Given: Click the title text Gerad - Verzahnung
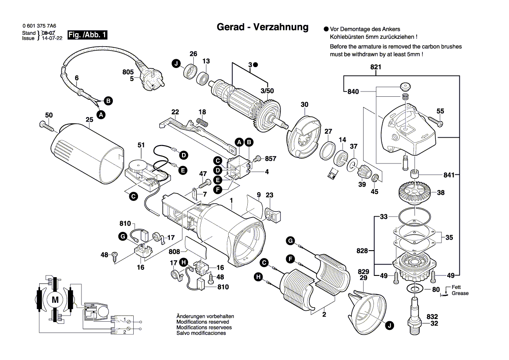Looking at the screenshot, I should tap(263, 27).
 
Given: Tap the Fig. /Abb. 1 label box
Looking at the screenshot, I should tap(87, 35).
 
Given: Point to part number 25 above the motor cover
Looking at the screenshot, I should tap(89, 119).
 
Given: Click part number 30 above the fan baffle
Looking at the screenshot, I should tap(304, 105).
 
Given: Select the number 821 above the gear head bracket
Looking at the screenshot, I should tap(376, 67).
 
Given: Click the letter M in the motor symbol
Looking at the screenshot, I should tap(55, 300).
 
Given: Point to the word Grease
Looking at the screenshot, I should tap(460, 293).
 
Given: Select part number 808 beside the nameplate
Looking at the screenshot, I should tap(175, 251).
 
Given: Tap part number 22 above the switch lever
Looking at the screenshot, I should tap(175, 112).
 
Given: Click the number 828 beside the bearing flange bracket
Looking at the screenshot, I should tap(362, 251).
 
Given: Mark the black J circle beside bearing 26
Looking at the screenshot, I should tap(176, 64).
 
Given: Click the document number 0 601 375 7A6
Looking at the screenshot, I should tap(39, 27).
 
